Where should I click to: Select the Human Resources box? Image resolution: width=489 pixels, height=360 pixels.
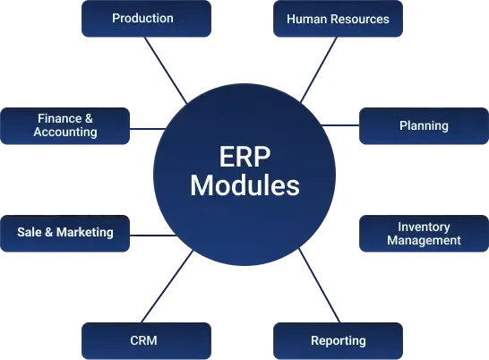(x=338, y=20)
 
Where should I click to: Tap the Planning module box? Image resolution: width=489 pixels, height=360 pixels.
(x=423, y=126)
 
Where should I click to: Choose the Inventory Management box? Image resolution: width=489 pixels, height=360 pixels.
(x=423, y=234)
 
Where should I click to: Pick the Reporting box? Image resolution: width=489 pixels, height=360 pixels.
(x=338, y=340)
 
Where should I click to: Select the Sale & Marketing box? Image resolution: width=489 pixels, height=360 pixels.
(x=65, y=233)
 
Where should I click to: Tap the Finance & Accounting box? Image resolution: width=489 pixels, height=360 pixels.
(x=65, y=125)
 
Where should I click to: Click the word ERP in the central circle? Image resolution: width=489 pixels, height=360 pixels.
(x=244, y=155)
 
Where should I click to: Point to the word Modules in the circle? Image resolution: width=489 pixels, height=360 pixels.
(x=244, y=186)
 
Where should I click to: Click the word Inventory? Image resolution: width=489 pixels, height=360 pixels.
(x=424, y=227)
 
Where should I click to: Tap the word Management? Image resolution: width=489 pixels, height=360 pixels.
(x=424, y=240)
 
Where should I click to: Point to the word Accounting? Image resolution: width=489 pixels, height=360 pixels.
(x=65, y=133)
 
